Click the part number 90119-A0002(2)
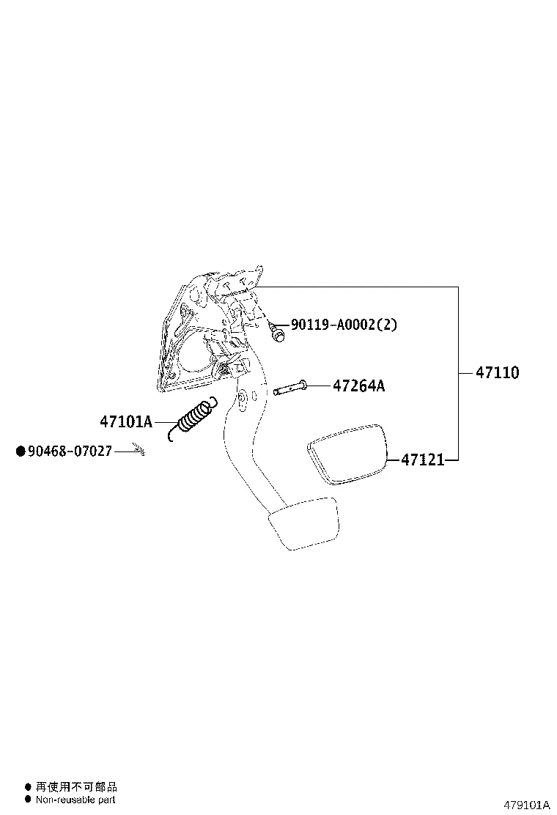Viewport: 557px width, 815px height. click(344, 325)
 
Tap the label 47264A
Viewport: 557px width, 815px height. click(358, 386)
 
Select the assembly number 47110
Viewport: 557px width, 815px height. click(497, 373)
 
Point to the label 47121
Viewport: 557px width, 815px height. click(422, 460)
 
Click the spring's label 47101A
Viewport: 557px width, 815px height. click(126, 421)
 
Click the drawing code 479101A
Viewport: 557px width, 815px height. click(525, 805)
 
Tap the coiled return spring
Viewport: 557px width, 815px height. click(193, 420)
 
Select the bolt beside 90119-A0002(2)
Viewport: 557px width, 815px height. click(277, 333)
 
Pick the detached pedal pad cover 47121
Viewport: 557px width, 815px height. click(346, 453)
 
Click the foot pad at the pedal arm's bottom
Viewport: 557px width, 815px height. click(304, 523)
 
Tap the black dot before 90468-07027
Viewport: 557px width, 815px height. click(21, 451)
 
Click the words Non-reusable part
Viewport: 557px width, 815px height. click(75, 800)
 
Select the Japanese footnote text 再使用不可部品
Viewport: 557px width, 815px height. click(76, 787)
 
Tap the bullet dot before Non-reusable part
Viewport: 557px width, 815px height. click(28, 800)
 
